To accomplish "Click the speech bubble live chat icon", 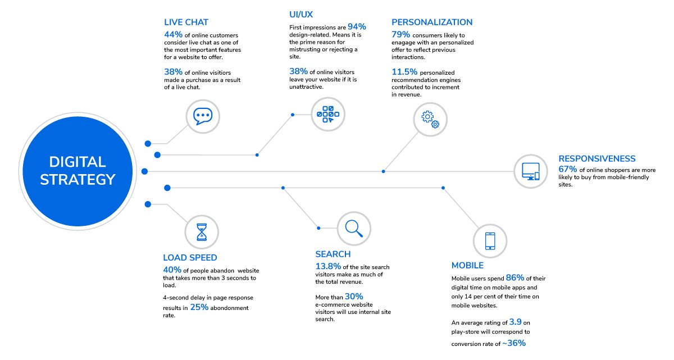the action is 203,116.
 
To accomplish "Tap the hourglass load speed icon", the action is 202,232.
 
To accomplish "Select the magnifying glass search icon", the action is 354,229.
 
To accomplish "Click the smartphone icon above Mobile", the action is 490,241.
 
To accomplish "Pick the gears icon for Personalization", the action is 430,120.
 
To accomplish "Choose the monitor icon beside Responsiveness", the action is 530,171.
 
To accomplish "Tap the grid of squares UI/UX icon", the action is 328,114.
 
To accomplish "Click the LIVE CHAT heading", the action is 186,22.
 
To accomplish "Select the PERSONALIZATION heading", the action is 432,22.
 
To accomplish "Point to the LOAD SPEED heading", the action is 190,258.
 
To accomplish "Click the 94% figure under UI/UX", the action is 357,27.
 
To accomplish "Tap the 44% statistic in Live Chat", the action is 174,35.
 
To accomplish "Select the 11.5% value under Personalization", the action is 404,72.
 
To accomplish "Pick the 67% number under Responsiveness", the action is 567,169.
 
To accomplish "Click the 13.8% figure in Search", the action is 328,266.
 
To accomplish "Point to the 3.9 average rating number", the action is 515,322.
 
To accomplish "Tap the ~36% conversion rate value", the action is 514,343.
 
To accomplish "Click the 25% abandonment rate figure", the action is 199,307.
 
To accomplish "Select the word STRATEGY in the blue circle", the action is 78,180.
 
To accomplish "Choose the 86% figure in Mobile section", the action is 515,277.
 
